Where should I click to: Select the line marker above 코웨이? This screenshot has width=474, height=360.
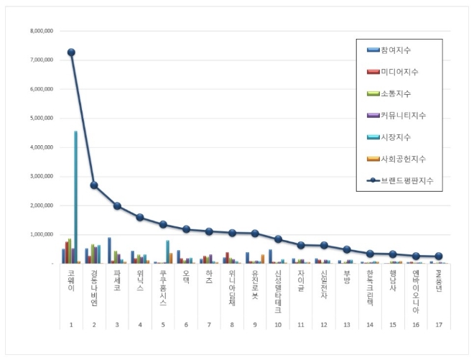point(71,52)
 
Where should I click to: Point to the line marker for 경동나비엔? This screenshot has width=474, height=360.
point(94,185)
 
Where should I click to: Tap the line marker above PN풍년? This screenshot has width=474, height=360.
point(439,256)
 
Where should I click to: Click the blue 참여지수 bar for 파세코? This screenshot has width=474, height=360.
point(109,250)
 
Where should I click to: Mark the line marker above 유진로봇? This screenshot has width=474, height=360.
point(255,233)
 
